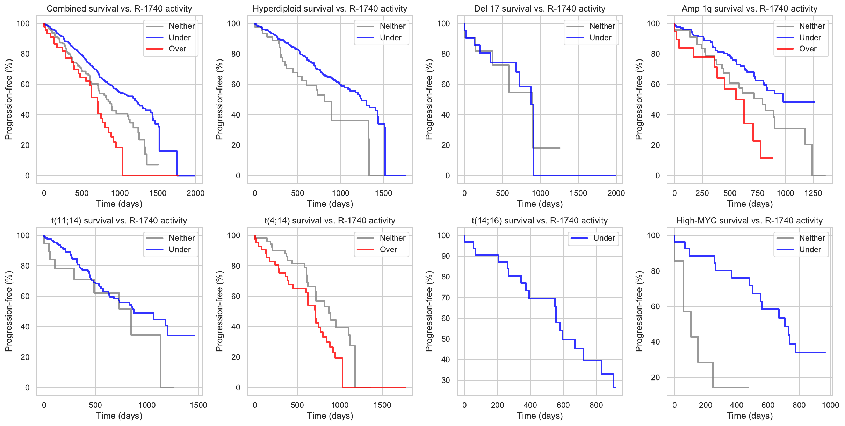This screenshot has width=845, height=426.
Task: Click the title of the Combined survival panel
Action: tap(119, 9)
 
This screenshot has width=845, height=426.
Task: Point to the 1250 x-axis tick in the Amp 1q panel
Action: tap(813, 193)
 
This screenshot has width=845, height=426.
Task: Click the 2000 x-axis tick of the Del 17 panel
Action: tap(616, 193)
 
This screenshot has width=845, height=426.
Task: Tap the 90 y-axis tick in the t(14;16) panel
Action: tap(445, 256)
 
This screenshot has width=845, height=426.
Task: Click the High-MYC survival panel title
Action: tap(750, 221)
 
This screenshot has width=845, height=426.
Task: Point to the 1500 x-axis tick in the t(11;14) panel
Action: tap(198, 405)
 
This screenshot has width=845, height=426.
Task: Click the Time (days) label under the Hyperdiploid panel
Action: tap(330, 204)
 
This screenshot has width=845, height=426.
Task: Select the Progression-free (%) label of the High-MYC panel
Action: tap(639, 311)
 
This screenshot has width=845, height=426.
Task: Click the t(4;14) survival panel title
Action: tap(330, 221)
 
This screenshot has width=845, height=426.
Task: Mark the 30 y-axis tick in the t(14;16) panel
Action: tap(445, 381)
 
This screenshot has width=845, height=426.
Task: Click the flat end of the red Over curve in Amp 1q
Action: tap(767, 158)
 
